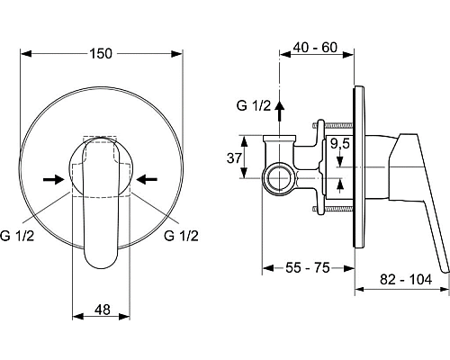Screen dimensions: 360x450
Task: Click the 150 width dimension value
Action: [x=102, y=54]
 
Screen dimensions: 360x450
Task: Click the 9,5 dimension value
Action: [x=340, y=143]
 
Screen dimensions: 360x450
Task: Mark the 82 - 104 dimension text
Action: [x=402, y=282]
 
